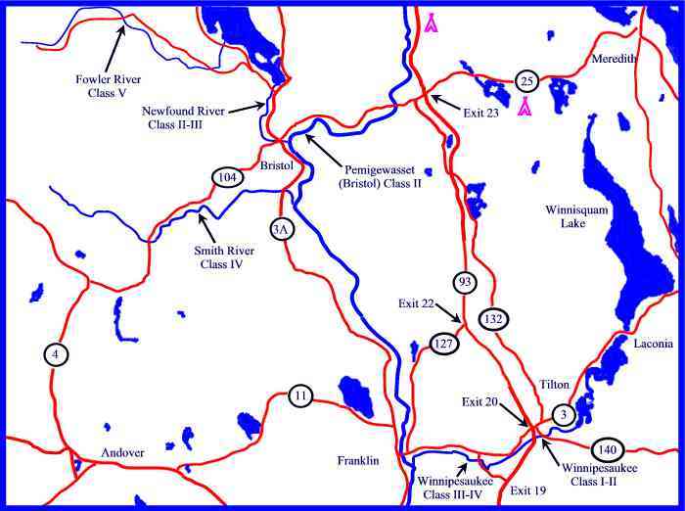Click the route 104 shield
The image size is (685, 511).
(226, 177)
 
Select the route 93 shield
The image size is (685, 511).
(466, 282)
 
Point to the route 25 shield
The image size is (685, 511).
(526, 80)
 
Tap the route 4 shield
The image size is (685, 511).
(57, 354)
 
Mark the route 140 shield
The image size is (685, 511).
(608, 449)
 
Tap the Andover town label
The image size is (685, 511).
(122, 453)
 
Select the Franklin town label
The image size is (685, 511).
(357, 460)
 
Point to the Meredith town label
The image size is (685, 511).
(615, 60)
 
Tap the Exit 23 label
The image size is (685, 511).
(478, 113)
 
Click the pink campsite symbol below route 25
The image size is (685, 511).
(525, 107)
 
